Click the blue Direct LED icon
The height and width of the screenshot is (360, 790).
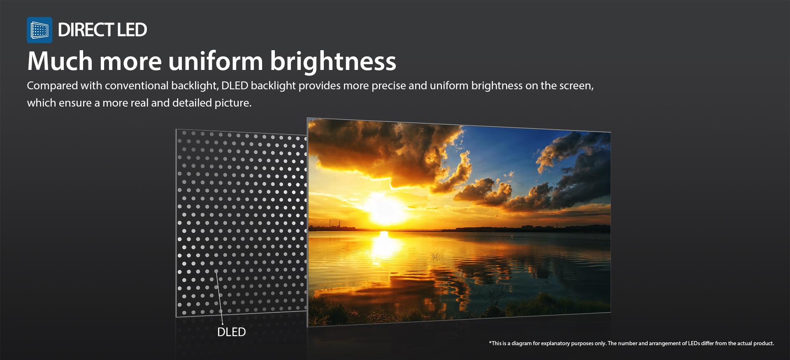click(39, 30)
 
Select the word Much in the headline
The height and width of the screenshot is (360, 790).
click(60, 61)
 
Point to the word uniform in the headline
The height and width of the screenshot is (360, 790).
click(216, 61)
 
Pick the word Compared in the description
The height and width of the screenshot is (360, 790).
click(52, 86)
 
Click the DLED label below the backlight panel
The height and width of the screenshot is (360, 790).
click(231, 332)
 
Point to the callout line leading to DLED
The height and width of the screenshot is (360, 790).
click(219, 297)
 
